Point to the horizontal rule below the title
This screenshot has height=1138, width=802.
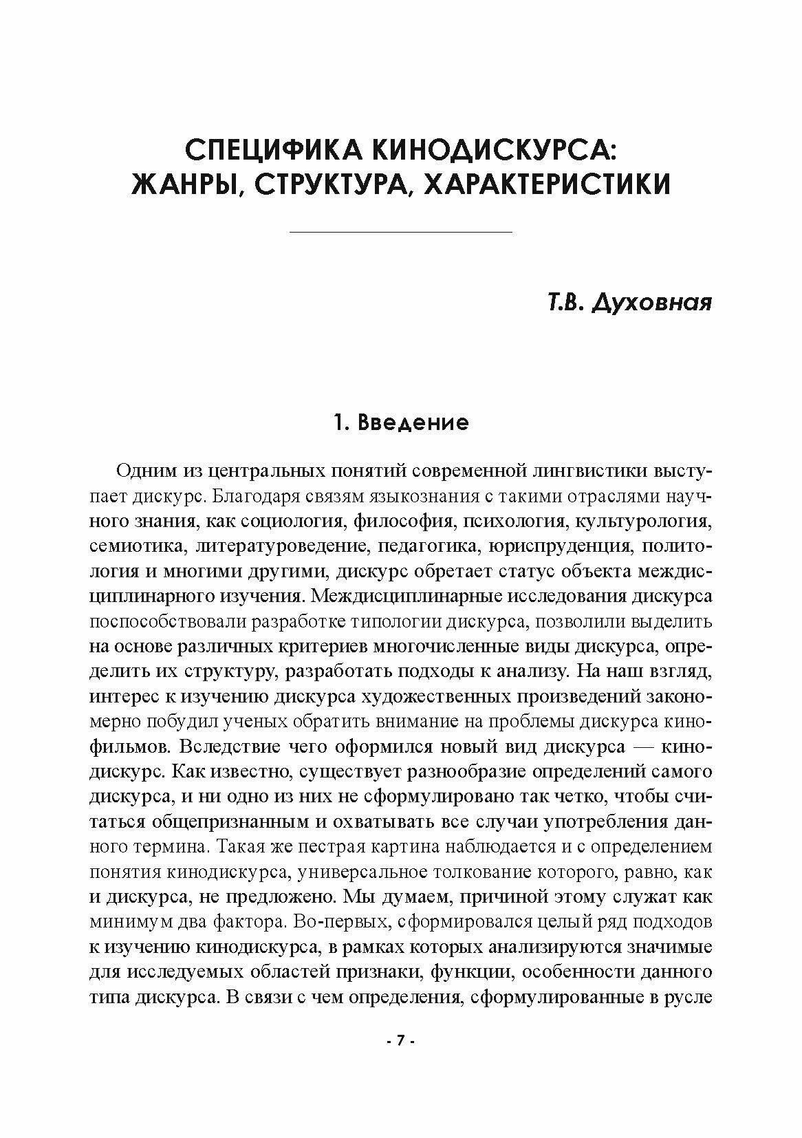401,233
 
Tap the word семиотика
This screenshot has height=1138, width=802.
136,546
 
